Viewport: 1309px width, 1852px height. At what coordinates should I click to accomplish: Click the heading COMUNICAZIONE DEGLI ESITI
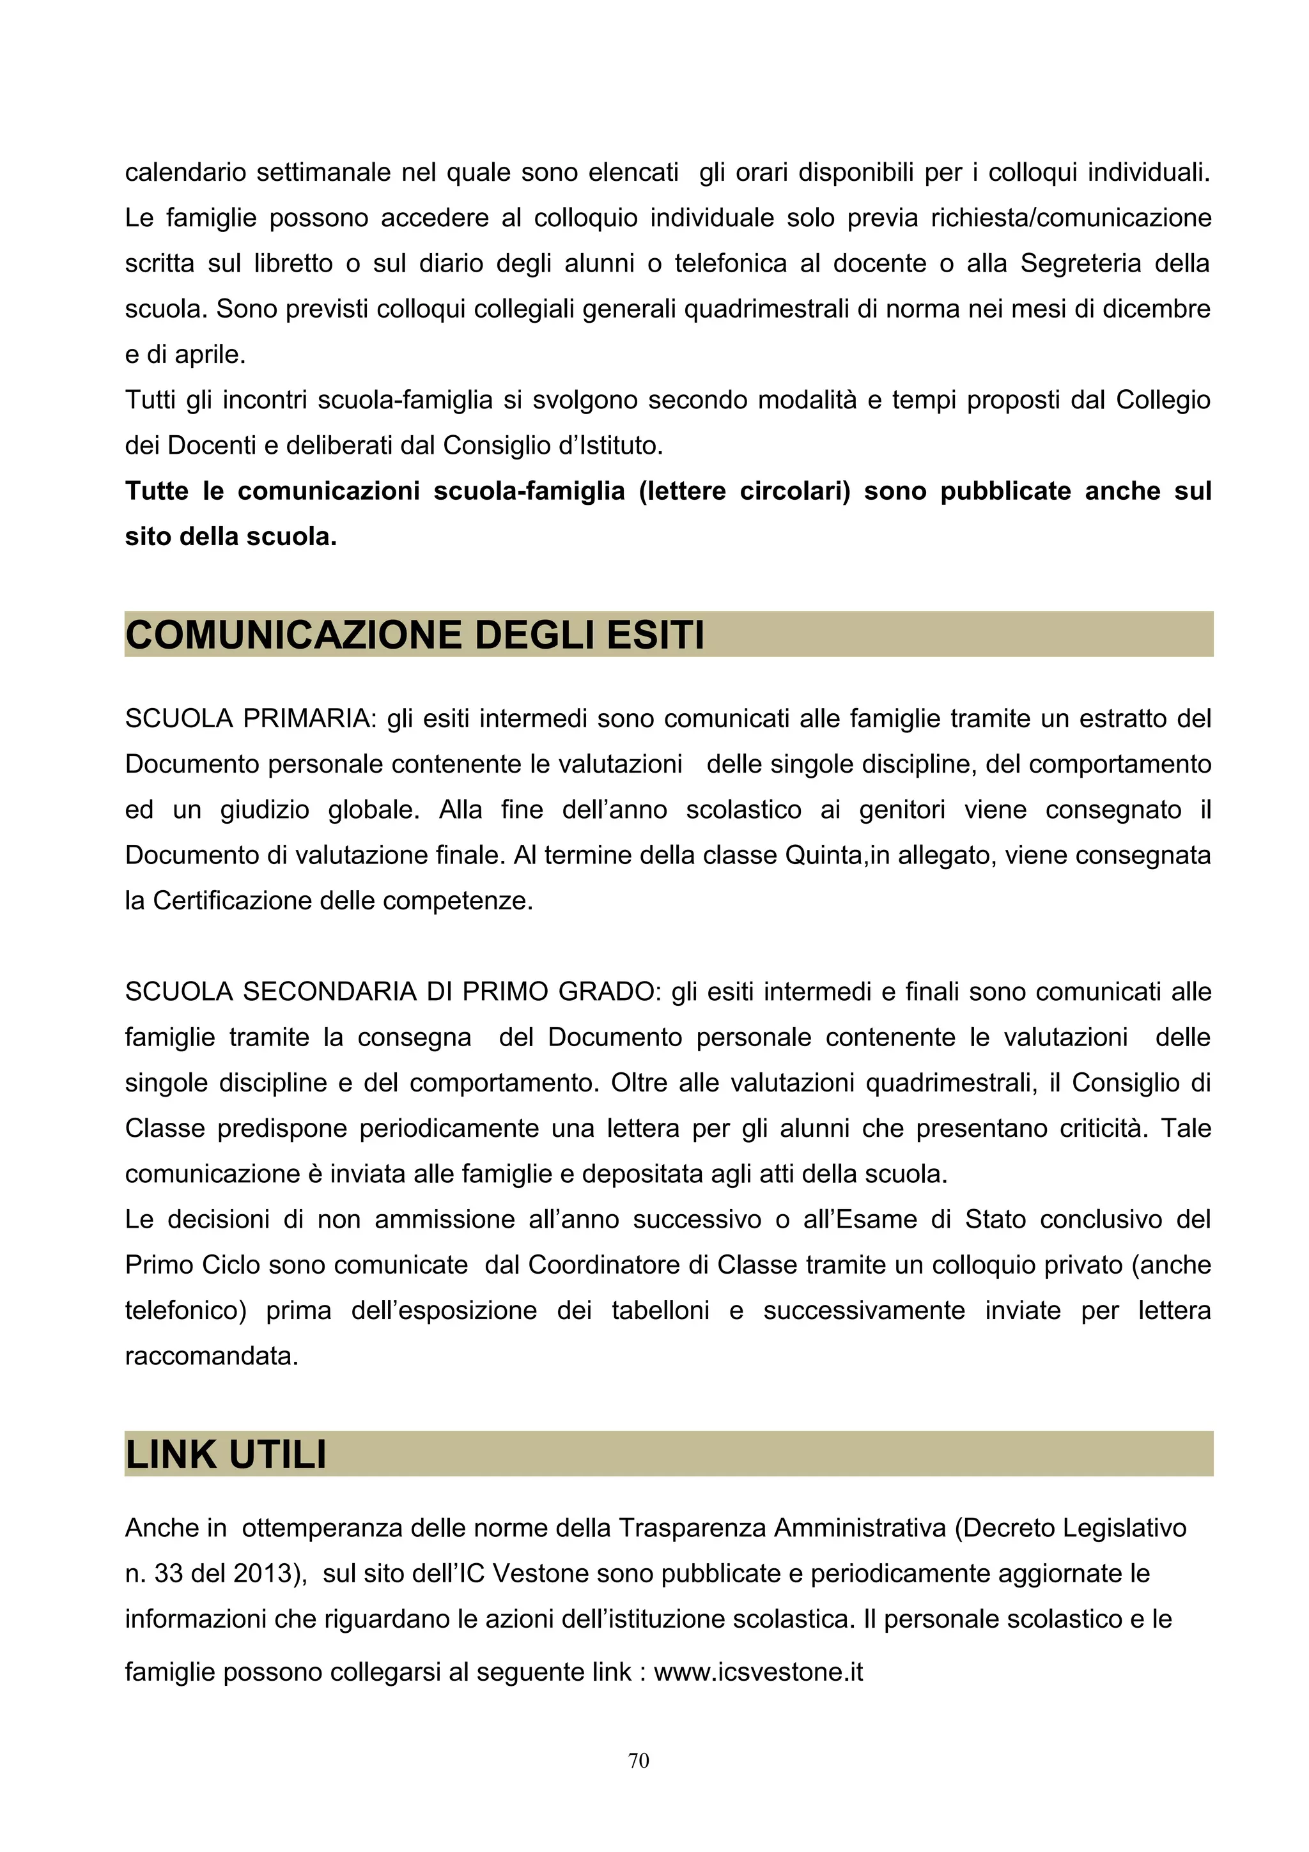coord(415,635)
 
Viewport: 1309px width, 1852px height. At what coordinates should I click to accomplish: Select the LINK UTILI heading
coord(226,1455)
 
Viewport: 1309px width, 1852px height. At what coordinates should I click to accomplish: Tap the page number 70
coord(639,1760)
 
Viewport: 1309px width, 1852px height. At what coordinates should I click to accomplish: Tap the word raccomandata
coord(212,1355)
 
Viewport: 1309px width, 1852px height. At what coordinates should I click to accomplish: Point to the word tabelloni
coord(660,1310)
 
